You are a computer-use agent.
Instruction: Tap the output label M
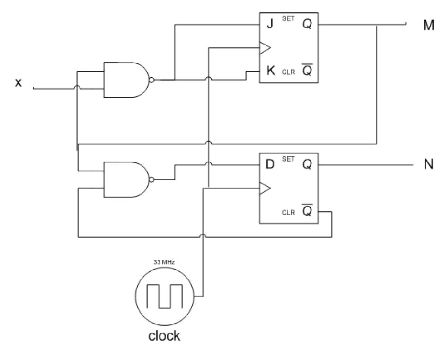[x=428, y=26]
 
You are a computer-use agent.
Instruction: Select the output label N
[x=428, y=166]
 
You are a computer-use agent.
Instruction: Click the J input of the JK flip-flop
[x=270, y=24]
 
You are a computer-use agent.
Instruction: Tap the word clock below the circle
[x=162, y=336]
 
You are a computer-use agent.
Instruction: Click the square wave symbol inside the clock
[x=163, y=296]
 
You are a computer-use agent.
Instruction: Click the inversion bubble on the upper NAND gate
[x=151, y=80]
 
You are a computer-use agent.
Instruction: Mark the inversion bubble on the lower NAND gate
[x=151, y=180]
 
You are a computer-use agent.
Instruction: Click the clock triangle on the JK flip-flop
[x=265, y=47]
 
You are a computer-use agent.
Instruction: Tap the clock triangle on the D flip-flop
[x=265, y=189]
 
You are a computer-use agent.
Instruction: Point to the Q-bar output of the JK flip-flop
[x=306, y=72]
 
